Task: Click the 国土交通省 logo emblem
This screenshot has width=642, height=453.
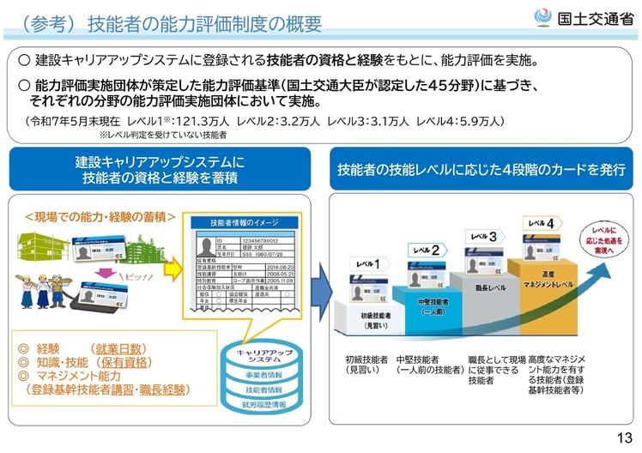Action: [544, 17]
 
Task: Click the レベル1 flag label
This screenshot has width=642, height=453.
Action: [369, 263]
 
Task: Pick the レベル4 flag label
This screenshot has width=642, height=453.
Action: [543, 223]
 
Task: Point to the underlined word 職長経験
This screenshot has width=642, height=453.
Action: [164, 389]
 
